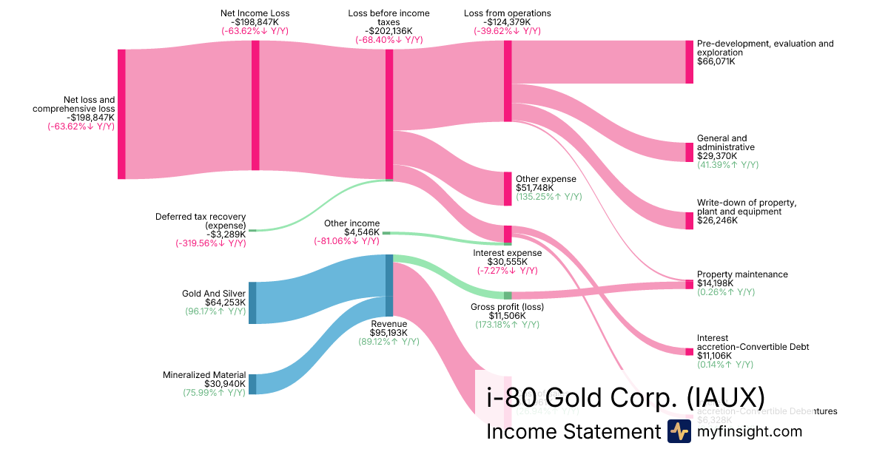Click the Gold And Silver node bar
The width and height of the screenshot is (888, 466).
(252, 303)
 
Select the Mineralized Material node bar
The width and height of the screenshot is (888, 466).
(252, 384)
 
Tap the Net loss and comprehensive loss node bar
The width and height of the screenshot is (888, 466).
(121, 114)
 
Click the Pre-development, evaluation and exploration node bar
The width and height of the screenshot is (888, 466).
(689, 61)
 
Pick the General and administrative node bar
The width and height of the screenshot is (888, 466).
(689, 152)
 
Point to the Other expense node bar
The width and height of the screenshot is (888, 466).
(508, 189)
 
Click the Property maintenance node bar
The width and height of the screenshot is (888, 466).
(689, 284)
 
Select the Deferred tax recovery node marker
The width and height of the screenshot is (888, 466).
(252, 230)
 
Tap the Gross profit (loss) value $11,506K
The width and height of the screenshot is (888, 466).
(507, 316)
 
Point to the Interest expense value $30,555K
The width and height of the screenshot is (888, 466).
(507, 262)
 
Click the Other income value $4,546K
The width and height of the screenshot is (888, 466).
(362, 232)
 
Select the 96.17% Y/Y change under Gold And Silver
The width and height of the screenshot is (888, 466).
(215, 311)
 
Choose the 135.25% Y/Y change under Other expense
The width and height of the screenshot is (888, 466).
(548, 197)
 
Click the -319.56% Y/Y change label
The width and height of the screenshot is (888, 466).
(210, 243)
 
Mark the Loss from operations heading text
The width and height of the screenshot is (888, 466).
(507, 13)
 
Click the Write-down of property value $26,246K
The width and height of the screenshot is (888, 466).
(717, 220)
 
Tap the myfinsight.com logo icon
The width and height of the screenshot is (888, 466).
(679, 431)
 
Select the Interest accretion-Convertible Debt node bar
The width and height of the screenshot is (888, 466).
(689, 351)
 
